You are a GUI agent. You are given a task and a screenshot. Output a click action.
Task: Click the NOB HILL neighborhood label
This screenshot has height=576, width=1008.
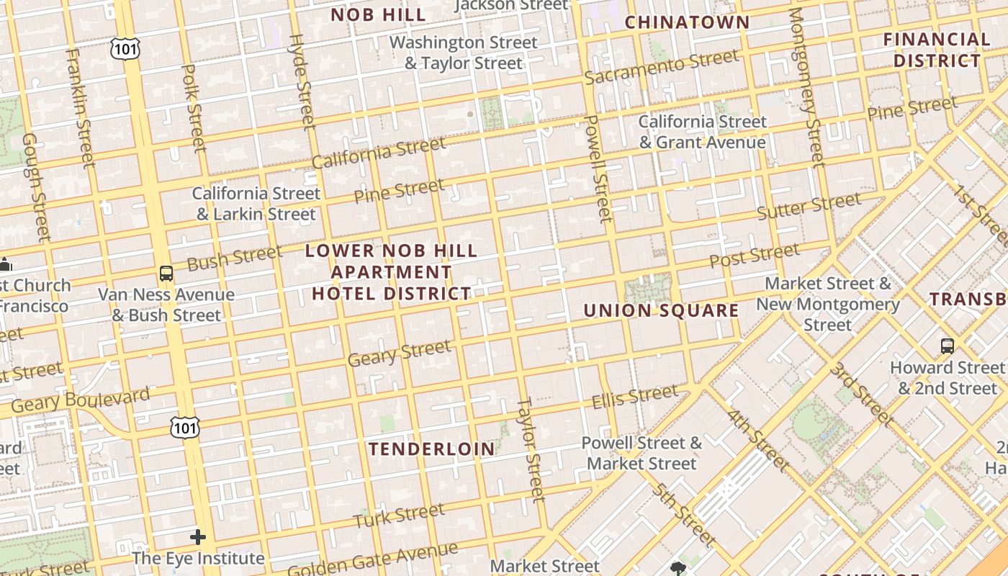pos(378,14)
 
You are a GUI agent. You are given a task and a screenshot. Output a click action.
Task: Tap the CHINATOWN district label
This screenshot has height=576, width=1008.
pos(687,22)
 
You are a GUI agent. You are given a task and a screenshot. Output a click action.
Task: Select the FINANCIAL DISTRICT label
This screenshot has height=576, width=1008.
pos(937,50)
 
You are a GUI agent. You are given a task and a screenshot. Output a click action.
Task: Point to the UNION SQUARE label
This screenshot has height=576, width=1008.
pos(661,310)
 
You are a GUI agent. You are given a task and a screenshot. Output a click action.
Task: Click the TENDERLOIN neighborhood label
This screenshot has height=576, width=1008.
pos(432,449)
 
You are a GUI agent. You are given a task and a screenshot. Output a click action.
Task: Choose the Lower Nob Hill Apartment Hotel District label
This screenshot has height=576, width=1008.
pos(391,272)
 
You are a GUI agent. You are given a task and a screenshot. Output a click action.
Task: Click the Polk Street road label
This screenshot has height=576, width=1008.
pos(194,108)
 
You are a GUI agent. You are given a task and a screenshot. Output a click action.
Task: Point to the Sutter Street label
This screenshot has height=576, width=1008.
pos(808,207)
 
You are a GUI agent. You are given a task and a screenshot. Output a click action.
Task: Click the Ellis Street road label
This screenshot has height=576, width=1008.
pos(634,397)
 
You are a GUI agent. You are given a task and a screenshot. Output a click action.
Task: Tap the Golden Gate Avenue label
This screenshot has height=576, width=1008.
pos(372,559)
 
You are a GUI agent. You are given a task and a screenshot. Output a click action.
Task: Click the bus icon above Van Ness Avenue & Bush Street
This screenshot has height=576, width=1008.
pos(166,273)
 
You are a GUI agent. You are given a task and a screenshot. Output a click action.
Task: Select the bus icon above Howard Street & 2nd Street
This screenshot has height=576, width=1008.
pos(948,346)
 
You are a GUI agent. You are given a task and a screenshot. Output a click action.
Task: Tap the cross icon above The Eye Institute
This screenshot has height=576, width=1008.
pos(198,537)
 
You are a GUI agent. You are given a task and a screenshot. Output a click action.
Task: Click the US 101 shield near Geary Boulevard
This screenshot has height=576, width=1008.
pos(184,428)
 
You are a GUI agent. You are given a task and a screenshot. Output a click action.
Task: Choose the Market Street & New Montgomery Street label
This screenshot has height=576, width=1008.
pos(827,304)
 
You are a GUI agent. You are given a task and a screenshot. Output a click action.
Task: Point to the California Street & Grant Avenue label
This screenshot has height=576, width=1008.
pos(702,132)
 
